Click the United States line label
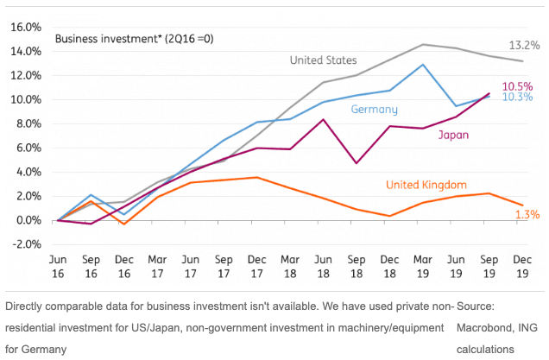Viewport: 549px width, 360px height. (x=323, y=60)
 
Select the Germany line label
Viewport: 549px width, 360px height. (x=374, y=110)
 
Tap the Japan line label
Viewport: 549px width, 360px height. (x=453, y=136)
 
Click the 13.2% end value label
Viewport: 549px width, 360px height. (x=524, y=45)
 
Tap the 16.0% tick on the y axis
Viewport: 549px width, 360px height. (x=23, y=28)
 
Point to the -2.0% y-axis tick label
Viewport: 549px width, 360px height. (x=23, y=244)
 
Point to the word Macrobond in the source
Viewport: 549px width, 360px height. (x=486, y=329)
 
